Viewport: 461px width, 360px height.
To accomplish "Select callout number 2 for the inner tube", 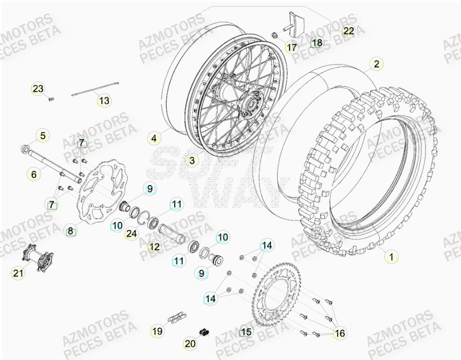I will coord(376,64).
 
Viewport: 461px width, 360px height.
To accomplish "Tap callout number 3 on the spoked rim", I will coord(191,161).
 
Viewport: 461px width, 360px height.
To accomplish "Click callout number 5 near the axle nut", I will coord(43,136).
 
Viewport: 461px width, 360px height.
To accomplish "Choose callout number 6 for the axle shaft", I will coord(33,174).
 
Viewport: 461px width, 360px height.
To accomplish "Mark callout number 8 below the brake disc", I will coord(71,231).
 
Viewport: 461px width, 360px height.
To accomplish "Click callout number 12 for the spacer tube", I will coord(154,247).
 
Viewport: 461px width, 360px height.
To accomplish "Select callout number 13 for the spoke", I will coord(104,101).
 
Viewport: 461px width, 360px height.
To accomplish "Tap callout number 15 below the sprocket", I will coord(245,332).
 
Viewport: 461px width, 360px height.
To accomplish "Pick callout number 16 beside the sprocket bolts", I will coord(340,333).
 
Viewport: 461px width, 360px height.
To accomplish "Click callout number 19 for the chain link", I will coord(157,331).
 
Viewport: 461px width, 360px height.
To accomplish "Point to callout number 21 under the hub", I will coord(18,273).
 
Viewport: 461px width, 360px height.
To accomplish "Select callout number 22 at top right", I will coord(349,31).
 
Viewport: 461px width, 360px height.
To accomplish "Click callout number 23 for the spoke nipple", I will coord(38,89).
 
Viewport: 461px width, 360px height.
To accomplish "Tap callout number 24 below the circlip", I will coord(131,234).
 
